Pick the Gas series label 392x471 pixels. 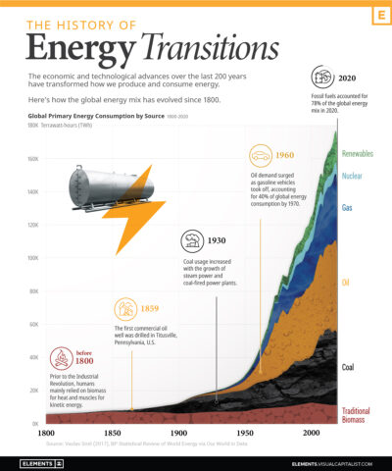pos(348,208)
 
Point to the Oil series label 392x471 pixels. pos(346,283)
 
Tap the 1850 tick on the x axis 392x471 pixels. pos(112,433)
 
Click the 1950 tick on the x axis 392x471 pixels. pos(245,433)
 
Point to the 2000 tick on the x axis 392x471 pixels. pos(312,433)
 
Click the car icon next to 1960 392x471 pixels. pos(261,155)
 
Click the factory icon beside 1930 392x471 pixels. pos(193,239)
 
